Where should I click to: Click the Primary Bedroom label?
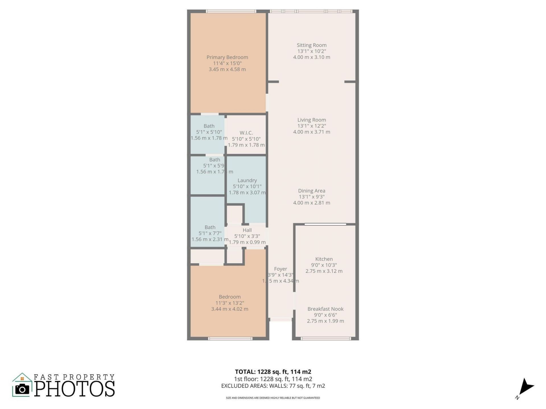tap(227, 57)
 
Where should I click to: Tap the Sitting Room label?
tap(311, 45)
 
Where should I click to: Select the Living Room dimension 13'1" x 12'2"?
tap(311, 126)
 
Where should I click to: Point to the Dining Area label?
tap(311, 191)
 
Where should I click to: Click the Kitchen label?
tap(324, 259)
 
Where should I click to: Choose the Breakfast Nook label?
tap(325, 309)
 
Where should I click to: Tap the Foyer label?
tap(280, 269)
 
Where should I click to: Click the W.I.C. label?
tap(246, 133)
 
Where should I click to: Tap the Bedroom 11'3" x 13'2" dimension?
tap(230, 303)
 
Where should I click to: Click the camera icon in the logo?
tap(22, 389)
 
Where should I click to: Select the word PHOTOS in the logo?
tap(75, 389)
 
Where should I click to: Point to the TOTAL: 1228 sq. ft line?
tap(273, 372)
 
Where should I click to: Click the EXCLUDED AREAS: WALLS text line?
tap(273, 386)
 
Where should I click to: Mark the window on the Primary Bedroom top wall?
tap(231, 11)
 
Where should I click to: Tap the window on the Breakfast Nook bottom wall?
tap(326, 339)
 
